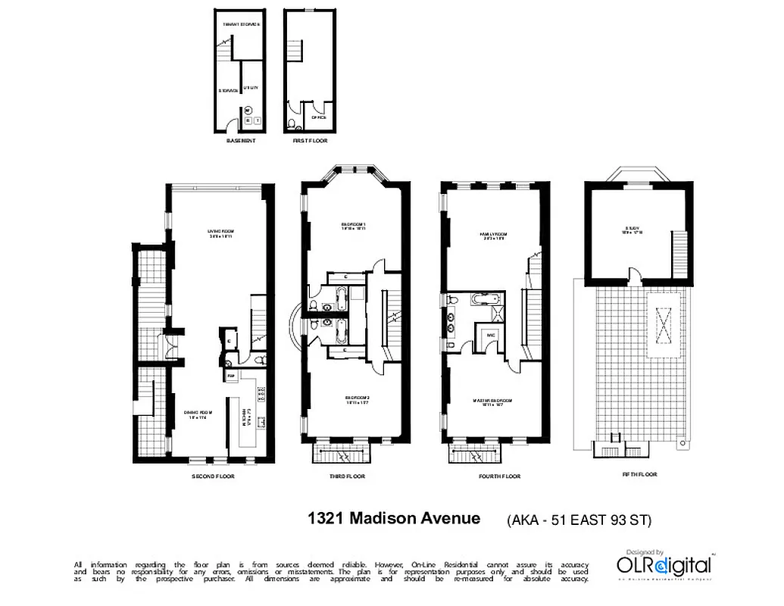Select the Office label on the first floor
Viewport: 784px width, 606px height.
click(319, 117)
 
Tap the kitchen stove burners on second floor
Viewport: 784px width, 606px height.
click(262, 393)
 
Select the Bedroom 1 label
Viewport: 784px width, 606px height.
click(353, 226)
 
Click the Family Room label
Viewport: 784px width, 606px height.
click(492, 236)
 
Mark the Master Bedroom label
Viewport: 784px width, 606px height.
click(496, 401)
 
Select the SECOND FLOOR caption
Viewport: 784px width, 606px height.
click(213, 476)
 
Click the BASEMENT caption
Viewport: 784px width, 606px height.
click(241, 141)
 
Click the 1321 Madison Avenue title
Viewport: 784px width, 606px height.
click(393, 519)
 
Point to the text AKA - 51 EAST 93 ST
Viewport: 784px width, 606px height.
click(579, 520)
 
